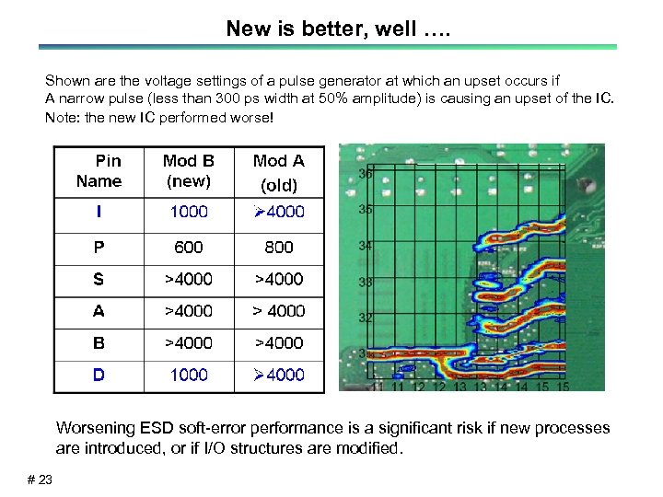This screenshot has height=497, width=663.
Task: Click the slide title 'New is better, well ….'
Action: click(331, 29)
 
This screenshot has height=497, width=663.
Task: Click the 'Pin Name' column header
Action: click(99, 171)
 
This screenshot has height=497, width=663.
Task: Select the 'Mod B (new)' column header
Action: click(189, 171)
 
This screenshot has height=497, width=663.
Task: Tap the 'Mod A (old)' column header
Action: click(279, 172)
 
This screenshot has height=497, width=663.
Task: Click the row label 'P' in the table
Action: click(99, 247)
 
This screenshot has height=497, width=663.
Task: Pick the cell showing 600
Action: click(189, 247)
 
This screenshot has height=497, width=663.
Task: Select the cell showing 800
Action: click(279, 247)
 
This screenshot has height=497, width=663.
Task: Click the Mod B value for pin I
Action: click(189, 212)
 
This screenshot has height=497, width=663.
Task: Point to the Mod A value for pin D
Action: click(279, 375)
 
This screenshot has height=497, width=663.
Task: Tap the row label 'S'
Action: click(99, 279)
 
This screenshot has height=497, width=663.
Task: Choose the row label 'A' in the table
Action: click(99, 311)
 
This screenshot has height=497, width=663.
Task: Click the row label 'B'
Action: click(99, 342)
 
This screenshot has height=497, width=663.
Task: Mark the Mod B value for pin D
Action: click(189, 375)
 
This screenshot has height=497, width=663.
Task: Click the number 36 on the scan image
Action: click(366, 174)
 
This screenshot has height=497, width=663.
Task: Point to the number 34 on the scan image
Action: click(366, 246)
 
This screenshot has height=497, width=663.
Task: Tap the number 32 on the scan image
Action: click(366, 318)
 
